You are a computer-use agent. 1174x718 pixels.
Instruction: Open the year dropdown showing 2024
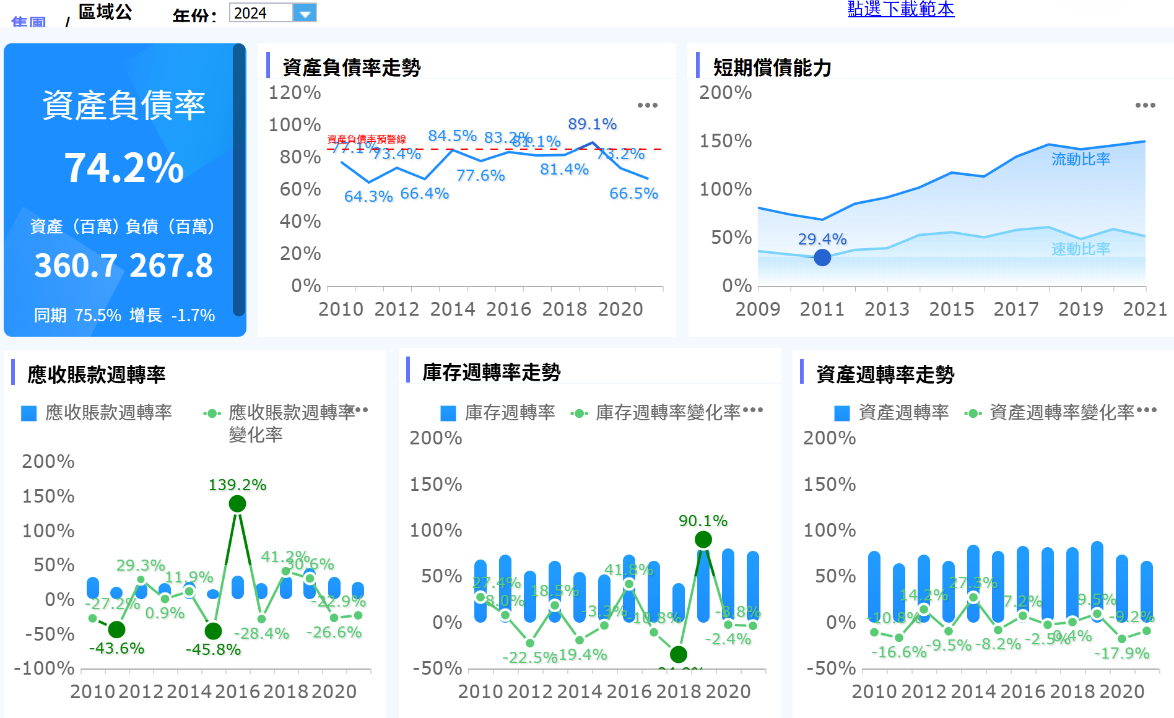[x=304, y=12]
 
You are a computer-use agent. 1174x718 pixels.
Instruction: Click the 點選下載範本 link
[x=900, y=9]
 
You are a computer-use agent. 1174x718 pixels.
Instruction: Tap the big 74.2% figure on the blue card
[x=124, y=168]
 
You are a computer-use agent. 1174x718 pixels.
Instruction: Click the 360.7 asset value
[x=75, y=266]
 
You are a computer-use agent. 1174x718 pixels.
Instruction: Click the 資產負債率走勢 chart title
[x=351, y=67]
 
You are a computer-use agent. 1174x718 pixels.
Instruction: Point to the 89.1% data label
[x=592, y=124]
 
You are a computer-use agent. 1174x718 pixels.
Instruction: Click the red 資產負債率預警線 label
[x=367, y=139]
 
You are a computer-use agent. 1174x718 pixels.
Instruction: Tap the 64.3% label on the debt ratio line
[x=368, y=196]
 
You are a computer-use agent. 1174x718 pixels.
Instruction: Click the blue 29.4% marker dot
[x=822, y=257]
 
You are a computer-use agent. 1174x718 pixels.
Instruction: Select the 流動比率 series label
[x=1081, y=159]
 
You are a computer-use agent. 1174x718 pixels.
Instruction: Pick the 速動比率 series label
[x=1081, y=249]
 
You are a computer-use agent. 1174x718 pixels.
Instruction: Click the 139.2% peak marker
[x=237, y=504]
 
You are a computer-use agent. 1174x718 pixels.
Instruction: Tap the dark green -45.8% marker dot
[x=213, y=631]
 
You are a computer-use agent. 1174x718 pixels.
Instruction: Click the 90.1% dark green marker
[x=703, y=540]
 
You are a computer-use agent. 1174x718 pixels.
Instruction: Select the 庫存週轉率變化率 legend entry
[x=667, y=413]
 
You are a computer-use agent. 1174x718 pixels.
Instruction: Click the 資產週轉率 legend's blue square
[x=841, y=413]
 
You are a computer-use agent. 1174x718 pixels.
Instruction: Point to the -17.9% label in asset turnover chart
[x=1121, y=653]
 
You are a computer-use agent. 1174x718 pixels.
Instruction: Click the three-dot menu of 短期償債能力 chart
[x=1145, y=105]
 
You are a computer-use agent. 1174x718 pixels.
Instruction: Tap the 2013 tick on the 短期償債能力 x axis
[x=887, y=309]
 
